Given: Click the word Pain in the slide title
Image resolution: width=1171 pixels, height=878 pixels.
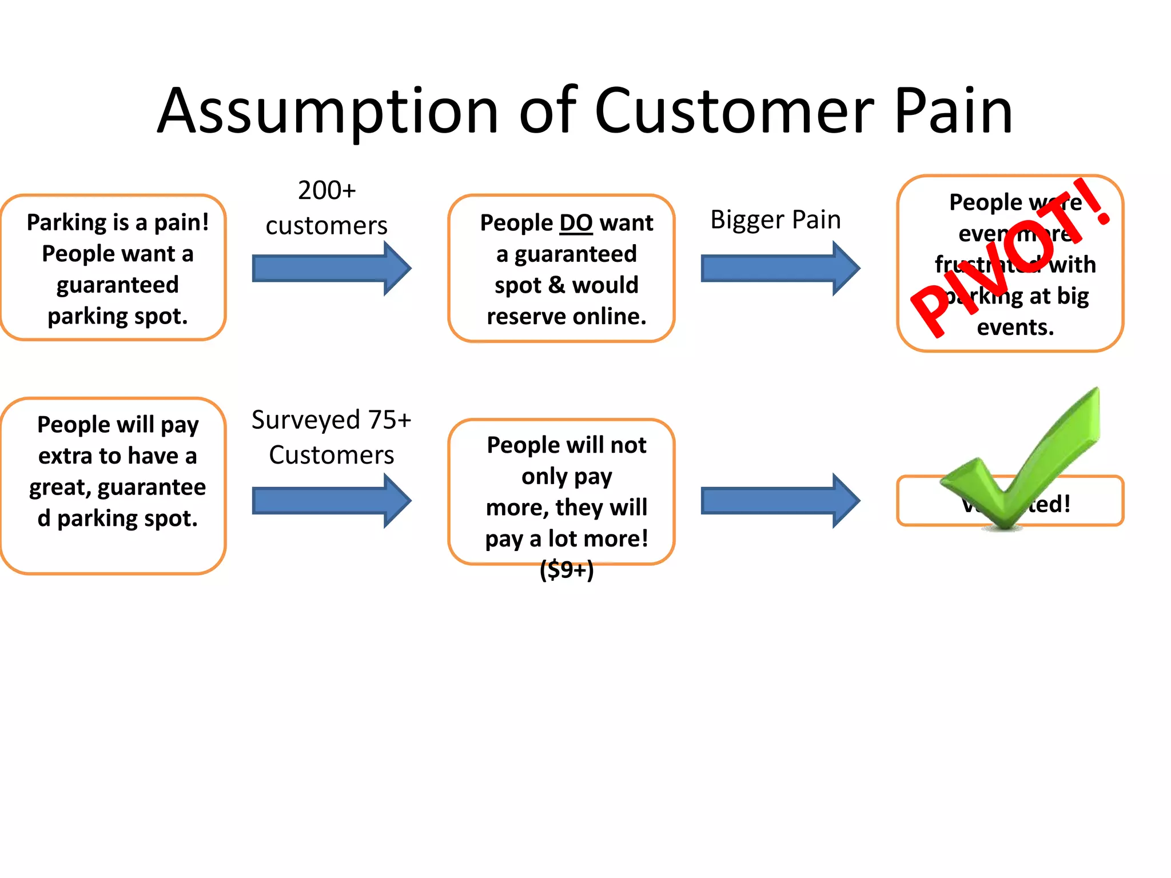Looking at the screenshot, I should click(x=953, y=111).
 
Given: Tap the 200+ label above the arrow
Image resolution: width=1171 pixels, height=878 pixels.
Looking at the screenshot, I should click(x=326, y=190).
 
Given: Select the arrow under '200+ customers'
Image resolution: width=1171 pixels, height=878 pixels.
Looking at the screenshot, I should click(x=331, y=268).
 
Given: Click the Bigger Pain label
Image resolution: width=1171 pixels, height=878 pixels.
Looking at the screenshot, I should click(x=775, y=220).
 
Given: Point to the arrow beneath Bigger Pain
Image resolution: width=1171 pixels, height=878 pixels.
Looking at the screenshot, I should click(x=780, y=268).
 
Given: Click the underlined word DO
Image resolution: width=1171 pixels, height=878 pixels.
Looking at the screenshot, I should click(x=576, y=223).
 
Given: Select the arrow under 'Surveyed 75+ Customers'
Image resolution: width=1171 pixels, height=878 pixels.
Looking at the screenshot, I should click(x=331, y=501).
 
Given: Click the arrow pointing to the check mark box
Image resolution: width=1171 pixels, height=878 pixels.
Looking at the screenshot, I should click(x=780, y=501).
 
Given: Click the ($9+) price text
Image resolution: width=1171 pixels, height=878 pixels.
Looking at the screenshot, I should click(x=567, y=570).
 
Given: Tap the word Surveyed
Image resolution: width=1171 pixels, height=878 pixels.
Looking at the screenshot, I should click(x=305, y=420).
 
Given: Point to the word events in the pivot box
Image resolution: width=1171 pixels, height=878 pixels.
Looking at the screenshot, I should click(x=1015, y=328).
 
